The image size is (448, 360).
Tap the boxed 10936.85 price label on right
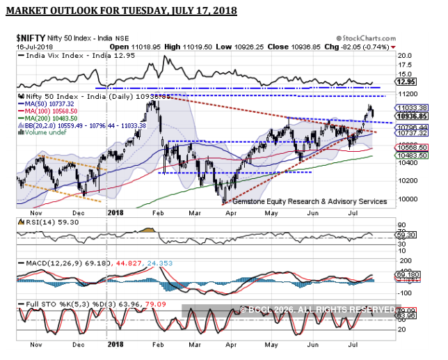[x=408, y=116]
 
